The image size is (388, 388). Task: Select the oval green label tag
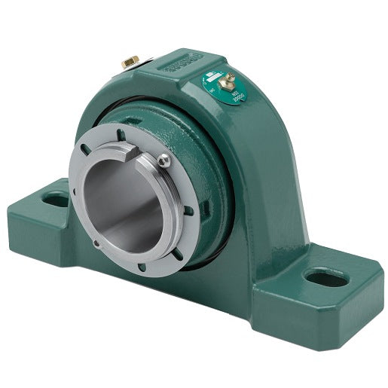pyautogui.click(x=218, y=88)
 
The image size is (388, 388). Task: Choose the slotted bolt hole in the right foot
pyautogui.click(x=327, y=279)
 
